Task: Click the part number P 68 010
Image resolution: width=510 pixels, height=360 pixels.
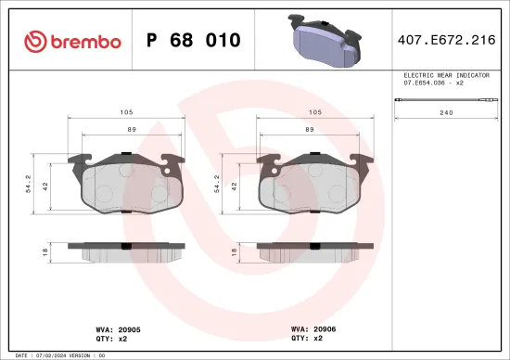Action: (x=194, y=41)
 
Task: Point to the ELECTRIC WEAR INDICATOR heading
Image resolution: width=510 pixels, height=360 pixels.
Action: (x=447, y=73)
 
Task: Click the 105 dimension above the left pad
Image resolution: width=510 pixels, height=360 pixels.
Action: (x=124, y=111)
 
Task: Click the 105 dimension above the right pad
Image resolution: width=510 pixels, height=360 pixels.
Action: (x=313, y=111)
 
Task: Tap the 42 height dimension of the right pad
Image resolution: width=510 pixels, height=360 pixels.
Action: (x=235, y=185)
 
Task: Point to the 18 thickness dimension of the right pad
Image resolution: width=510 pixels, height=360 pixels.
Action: (x=235, y=251)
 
